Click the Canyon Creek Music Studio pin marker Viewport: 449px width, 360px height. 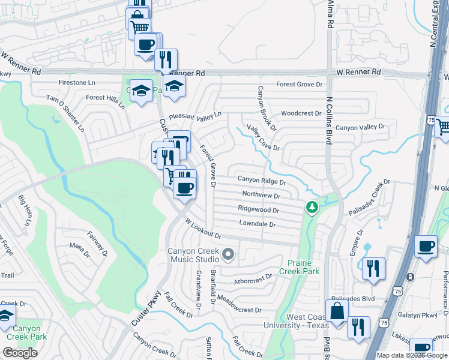pyautogui.click(x=228, y=255)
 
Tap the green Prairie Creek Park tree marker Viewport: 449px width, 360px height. pyautogui.click(x=312, y=208)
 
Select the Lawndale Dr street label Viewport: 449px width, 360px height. pyautogui.click(x=257, y=224)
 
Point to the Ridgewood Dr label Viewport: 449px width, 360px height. pyautogui.click(x=258, y=210)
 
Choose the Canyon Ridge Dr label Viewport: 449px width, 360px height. pyautogui.click(x=262, y=179)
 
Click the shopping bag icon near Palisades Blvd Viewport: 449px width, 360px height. pyautogui.click(x=337, y=311)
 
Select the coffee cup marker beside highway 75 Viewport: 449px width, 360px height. pyautogui.click(x=426, y=246)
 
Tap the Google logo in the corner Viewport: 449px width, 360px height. pyautogui.click(x=20, y=353)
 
